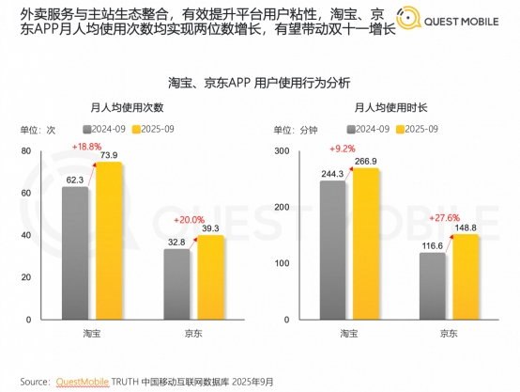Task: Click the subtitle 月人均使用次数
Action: point(137,108)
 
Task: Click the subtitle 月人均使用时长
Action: point(385,108)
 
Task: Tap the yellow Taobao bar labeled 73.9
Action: point(108,244)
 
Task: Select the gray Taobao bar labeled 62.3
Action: point(76,254)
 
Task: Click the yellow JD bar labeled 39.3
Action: point(208,279)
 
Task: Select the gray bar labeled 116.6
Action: point(433,288)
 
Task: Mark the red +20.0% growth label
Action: point(189,219)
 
